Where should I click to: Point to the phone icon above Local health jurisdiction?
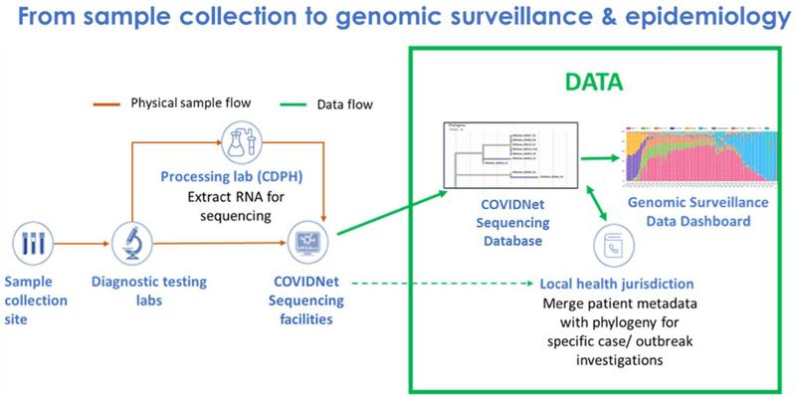(x=608, y=244)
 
